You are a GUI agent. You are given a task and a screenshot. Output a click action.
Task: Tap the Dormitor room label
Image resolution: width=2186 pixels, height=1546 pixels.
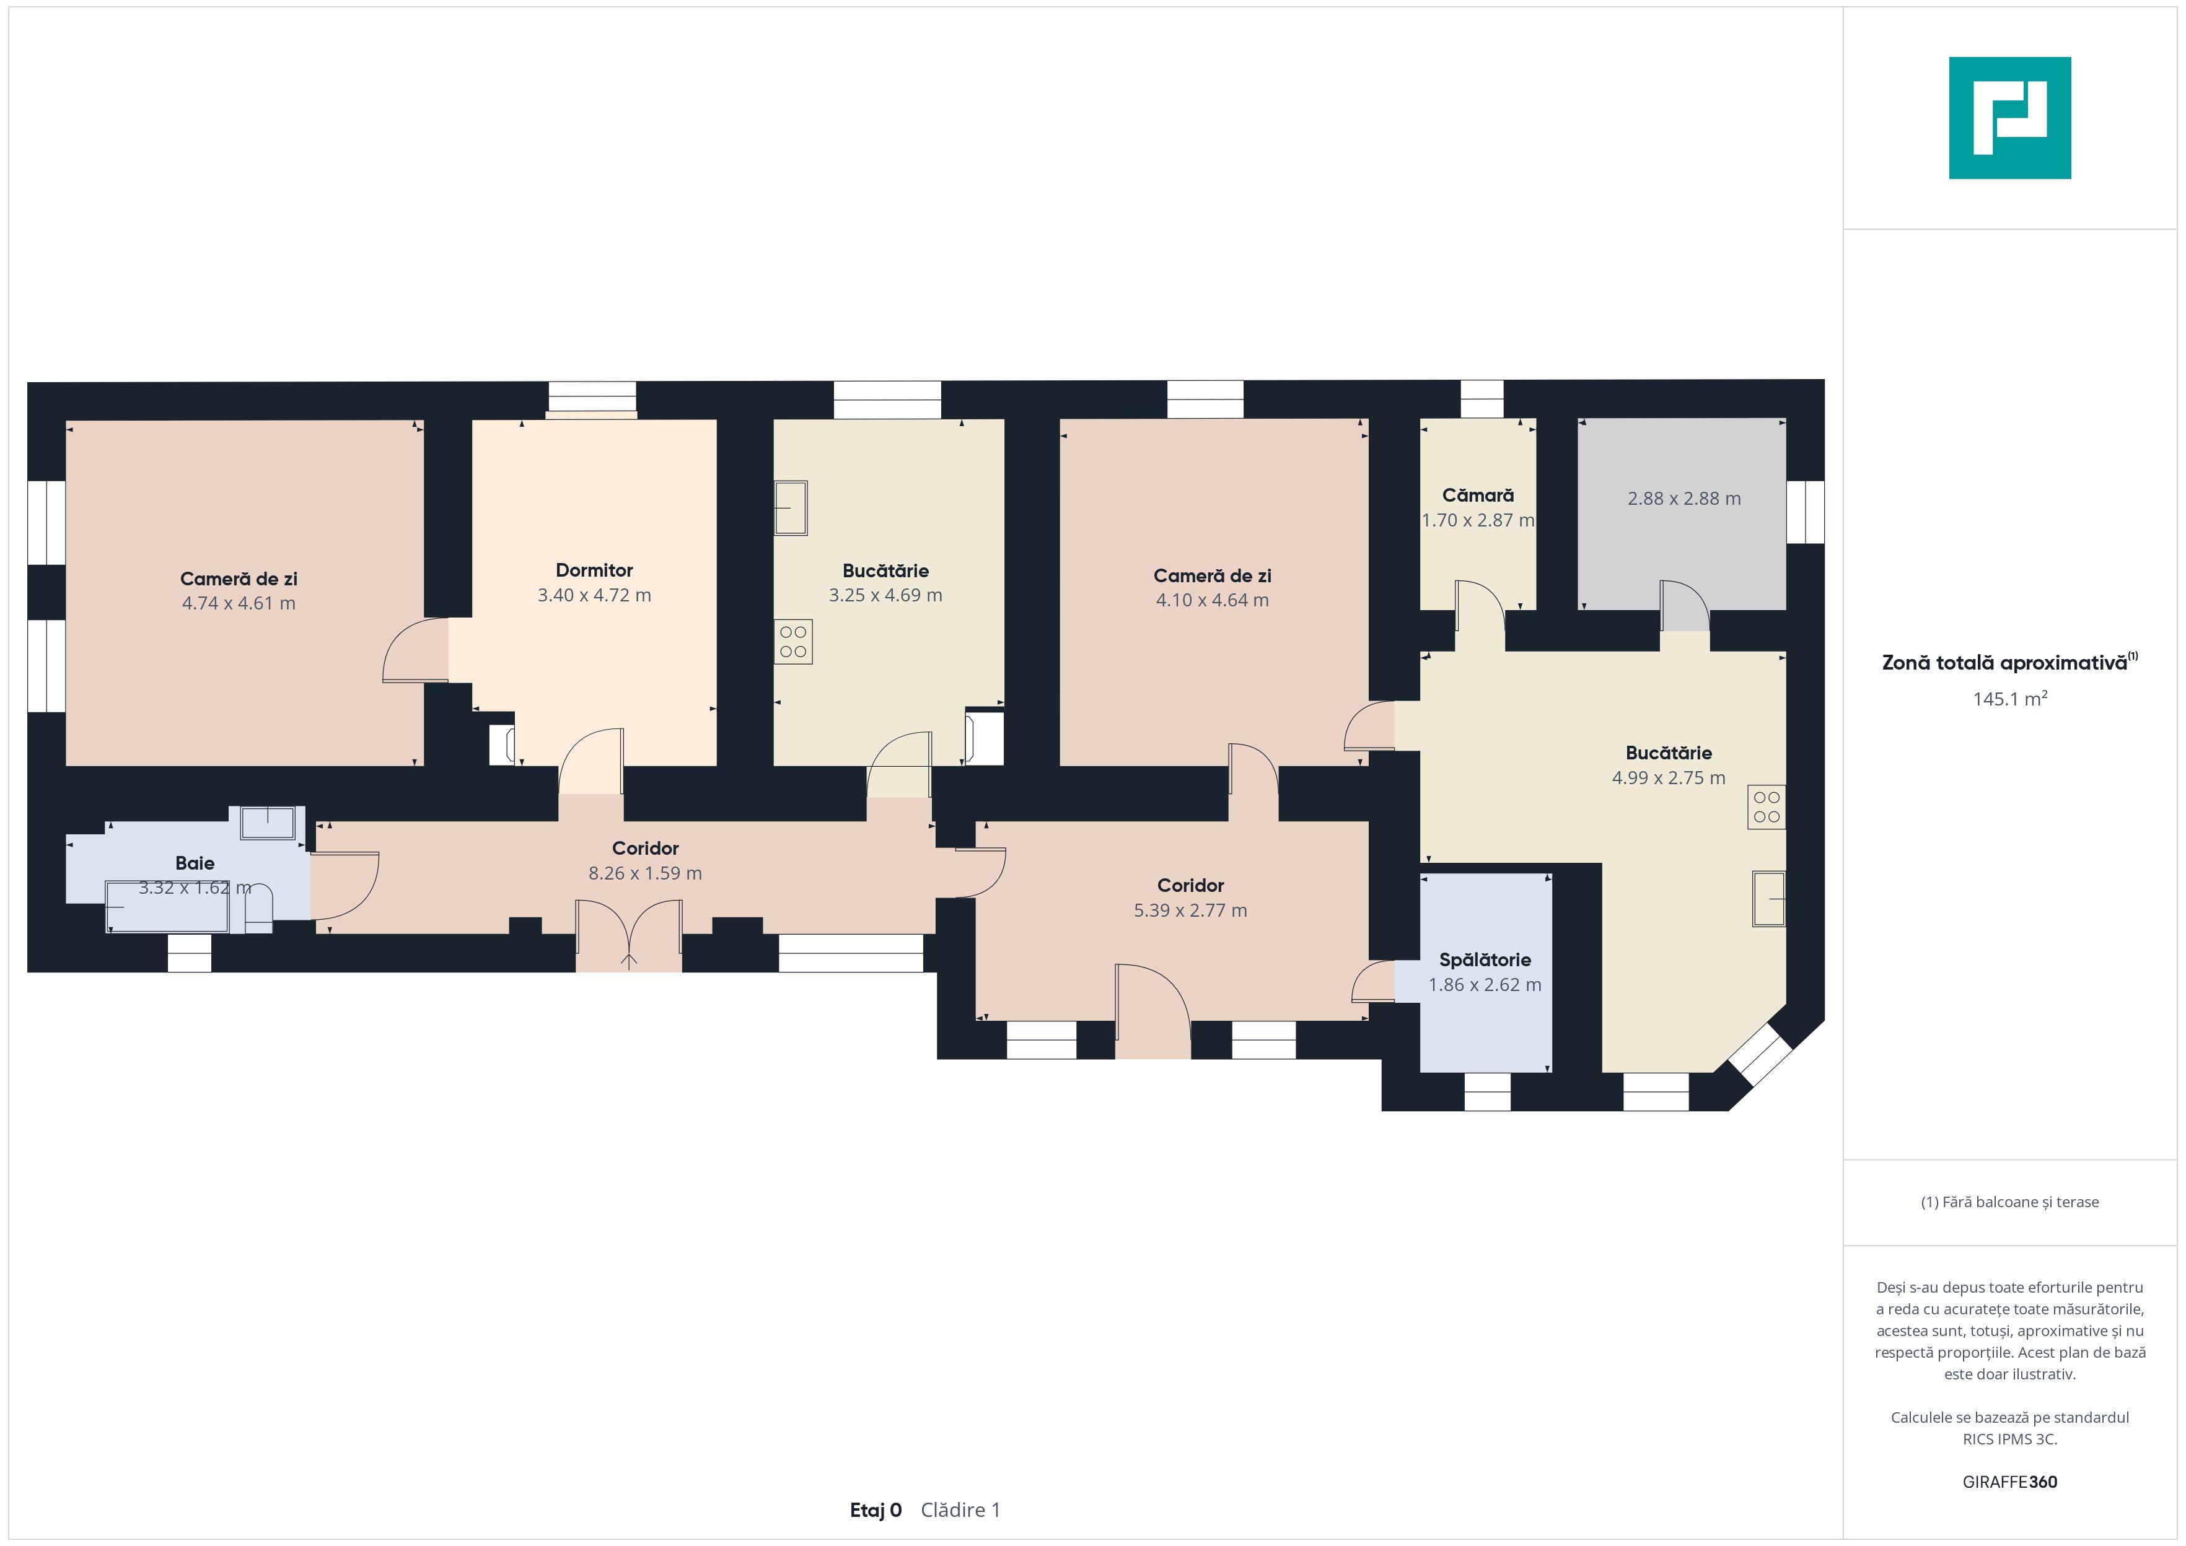(x=594, y=570)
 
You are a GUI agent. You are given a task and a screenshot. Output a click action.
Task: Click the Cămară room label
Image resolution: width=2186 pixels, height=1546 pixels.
(x=1478, y=495)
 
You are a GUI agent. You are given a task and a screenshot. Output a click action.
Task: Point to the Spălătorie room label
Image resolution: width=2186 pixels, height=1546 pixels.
(x=1485, y=959)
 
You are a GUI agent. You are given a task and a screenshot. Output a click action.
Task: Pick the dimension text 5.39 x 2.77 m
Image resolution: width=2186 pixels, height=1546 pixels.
(x=1190, y=910)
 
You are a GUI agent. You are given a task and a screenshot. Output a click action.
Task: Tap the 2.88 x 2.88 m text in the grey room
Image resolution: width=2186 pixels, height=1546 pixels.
(x=1683, y=498)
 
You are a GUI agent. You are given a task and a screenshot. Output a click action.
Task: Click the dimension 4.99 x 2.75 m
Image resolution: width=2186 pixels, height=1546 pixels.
(x=1668, y=778)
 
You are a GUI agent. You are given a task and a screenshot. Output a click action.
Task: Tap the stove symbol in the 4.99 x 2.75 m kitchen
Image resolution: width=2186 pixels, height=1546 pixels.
(x=1766, y=807)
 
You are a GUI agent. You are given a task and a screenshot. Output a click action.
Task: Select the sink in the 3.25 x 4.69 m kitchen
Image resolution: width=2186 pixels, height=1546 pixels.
(x=790, y=509)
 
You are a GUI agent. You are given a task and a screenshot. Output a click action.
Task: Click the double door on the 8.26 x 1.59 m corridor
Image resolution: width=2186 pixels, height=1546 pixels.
(x=628, y=936)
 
